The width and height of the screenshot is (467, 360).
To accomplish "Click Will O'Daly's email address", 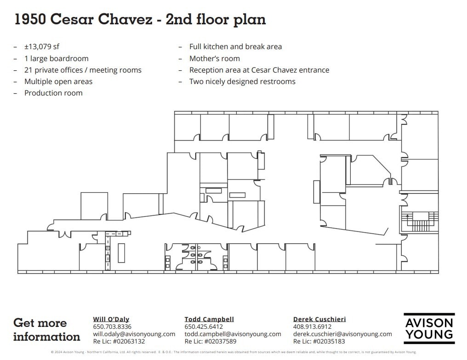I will point(134,334).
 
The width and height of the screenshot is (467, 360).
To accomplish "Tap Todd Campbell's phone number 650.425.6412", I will point(204,326).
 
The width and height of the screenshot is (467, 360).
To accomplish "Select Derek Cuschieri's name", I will point(319,319).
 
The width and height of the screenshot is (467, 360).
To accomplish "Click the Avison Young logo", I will point(429,328).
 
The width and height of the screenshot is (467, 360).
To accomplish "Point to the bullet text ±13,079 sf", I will point(42,47).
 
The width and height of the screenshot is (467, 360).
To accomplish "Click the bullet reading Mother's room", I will point(215,58).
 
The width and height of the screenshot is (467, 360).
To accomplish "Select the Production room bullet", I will point(53,93).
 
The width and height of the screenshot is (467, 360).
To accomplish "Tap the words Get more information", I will point(46,330).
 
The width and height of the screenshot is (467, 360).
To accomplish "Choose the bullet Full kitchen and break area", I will point(235,47).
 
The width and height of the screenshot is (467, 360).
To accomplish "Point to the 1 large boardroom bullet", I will point(56,58).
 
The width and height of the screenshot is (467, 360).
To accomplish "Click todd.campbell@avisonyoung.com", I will point(233,334).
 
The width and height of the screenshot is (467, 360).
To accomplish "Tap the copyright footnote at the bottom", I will point(233,352).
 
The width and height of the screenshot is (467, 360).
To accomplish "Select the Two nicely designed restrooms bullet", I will point(242,81).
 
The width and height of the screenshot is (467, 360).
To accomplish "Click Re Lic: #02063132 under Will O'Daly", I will point(119,341).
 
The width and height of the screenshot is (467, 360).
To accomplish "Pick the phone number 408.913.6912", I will point(312,326).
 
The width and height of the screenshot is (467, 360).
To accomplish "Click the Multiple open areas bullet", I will point(58,81).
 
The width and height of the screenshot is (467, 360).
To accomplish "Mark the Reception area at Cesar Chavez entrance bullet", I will point(259,70).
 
